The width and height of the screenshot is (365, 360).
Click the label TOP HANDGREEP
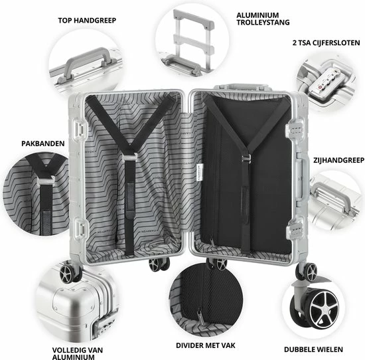tap(87, 21)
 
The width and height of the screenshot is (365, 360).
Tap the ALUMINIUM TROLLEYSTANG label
tap(263, 19)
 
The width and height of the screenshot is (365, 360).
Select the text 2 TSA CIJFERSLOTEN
tap(327, 43)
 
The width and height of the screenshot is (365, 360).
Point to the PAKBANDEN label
tap(43, 143)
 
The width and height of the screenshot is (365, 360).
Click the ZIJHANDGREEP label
tap(339, 160)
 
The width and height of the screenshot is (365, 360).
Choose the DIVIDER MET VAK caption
tap(206, 345)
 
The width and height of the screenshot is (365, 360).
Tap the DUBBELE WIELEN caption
tap(313, 349)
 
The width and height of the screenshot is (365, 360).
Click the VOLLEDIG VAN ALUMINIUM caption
tap(77, 353)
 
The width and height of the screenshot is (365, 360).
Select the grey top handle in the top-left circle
tap(86, 62)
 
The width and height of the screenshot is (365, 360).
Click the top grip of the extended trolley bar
tap(194, 19)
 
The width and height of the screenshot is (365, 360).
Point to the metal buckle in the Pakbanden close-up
tap(46, 181)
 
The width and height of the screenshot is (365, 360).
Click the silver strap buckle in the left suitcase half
tap(129, 157)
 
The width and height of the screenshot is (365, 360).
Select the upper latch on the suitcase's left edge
tap(80, 128)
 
